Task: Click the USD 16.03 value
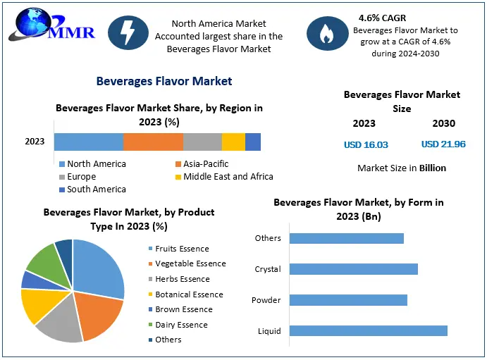(366, 144)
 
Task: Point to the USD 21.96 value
(443, 144)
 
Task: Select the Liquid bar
(369, 331)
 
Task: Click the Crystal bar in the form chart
(354, 269)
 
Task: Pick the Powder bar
(349, 300)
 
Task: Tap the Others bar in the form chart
(347, 238)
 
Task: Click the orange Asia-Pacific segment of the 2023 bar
(153, 142)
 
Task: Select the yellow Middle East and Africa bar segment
(233, 142)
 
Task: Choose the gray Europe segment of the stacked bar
(202, 142)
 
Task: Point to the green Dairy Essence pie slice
(43, 261)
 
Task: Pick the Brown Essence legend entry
(183, 309)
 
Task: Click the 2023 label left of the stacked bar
(35, 142)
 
